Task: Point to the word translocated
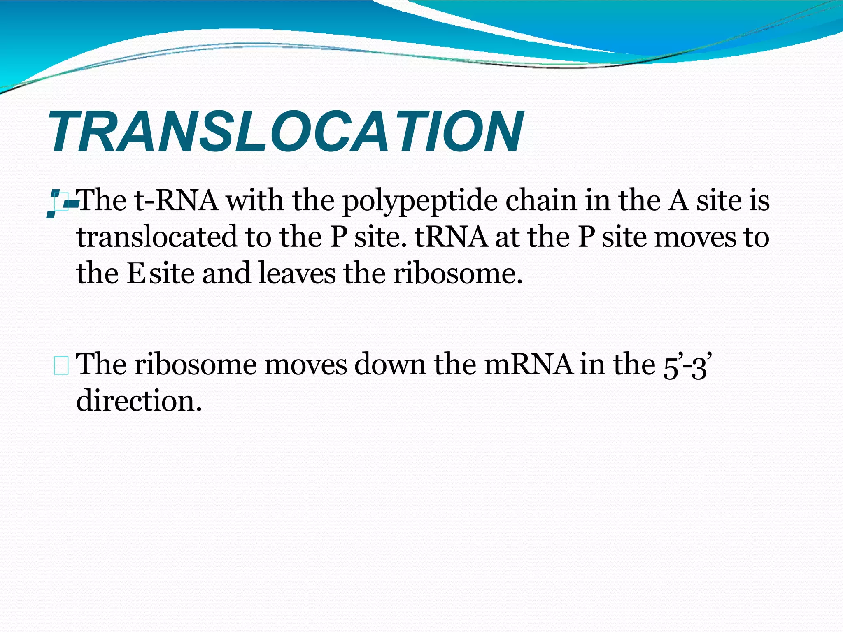157,237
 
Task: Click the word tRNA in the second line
452,237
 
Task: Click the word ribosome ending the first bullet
457,273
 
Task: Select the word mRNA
528,365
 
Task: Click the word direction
139,401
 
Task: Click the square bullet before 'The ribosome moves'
61,366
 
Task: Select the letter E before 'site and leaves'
136,273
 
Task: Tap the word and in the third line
226,273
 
